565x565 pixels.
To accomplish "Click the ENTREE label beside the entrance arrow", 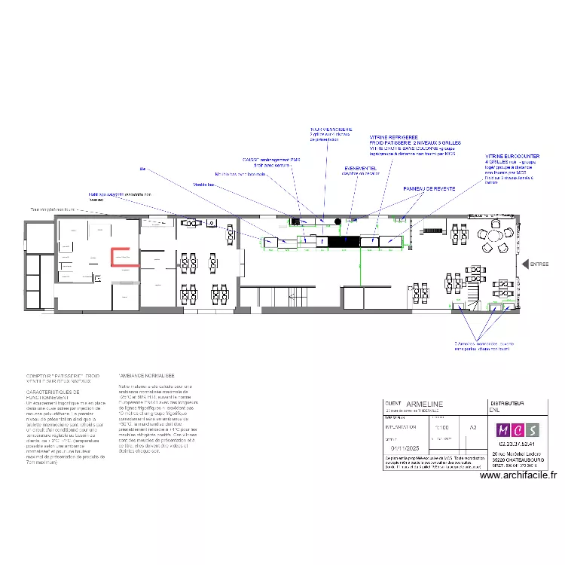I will pyautogui.click(x=539, y=264).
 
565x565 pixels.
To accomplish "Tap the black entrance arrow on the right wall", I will pyautogui.click(x=525, y=264).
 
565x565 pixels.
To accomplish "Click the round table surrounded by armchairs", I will pyautogui.click(x=493, y=236).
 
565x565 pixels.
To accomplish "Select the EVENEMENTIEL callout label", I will pyautogui.click(x=360, y=168).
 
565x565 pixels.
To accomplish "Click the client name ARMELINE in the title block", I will pyautogui.click(x=425, y=405).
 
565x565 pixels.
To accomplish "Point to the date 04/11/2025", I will pyautogui.click(x=403, y=449).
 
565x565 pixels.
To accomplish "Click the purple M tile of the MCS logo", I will pyautogui.click(x=502, y=430).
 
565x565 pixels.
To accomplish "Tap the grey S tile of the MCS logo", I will pyautogui.click(x=533, y=430).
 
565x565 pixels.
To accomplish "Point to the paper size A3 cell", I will pyautogui.click(x=472, y=427).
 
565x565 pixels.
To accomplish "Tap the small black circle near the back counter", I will pyautogui.click(x=337, y=221).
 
